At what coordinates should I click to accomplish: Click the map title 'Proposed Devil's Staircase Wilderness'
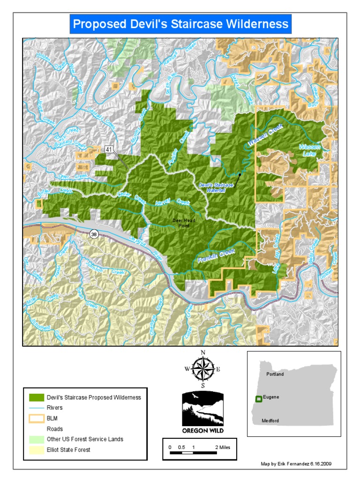pos(180,24)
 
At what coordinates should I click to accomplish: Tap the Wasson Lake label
pos(310,150)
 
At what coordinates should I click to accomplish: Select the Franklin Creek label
pos(216,256)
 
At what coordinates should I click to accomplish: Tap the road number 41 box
pos(109,149)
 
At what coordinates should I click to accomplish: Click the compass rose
pos(203,369)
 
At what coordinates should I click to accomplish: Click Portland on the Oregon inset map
pos(275,374)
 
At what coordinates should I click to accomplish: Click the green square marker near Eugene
pos(258,399)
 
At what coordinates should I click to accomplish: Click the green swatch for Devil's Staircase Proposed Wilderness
pos(36,397)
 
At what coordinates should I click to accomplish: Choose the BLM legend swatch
pos(36,418)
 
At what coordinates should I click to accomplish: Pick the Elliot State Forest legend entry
pos(68,450)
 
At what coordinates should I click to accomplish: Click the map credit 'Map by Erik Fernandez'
pos(296,464)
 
